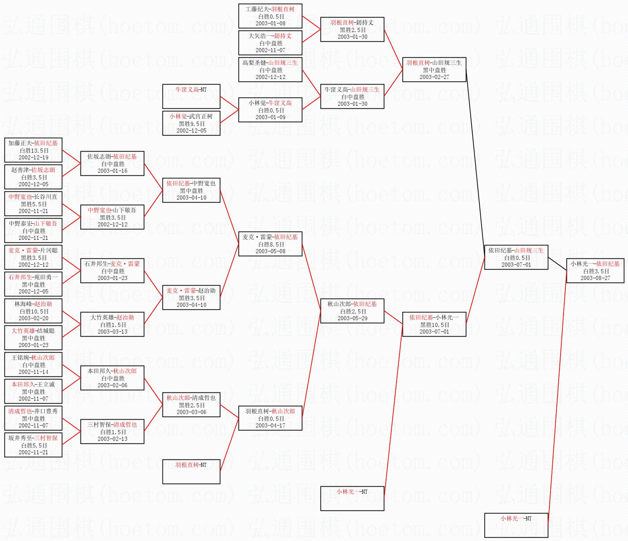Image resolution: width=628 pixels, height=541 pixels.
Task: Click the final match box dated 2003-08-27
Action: tap(595, 271)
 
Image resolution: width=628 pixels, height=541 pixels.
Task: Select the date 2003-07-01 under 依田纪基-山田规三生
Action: tap(516, 265)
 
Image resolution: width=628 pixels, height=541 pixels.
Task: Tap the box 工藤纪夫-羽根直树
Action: tap(270, 16)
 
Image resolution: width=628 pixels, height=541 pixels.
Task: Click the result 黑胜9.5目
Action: tap(192, 124)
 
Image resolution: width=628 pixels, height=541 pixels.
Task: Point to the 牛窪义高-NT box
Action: tap(191, 96)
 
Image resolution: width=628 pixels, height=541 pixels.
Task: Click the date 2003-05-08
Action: tap(270, 251)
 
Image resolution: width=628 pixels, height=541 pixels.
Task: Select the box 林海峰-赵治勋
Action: tap(33, 311)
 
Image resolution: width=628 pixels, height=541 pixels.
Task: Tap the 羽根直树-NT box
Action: tap(191, 471)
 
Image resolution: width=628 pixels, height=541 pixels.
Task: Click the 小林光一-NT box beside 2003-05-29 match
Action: tap(352, 498)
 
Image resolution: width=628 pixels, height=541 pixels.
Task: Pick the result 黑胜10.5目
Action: tap(435, 325)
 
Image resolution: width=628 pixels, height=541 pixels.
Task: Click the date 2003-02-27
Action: tap(434, 77)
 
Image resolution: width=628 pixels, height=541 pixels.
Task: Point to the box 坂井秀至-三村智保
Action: tap(33, 445)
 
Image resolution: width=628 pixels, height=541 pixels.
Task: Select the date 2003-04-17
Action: tap(270, 426)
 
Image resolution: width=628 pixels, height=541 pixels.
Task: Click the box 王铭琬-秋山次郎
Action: tap(33, 365)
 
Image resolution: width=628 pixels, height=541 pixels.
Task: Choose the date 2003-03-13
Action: tap(112, 332)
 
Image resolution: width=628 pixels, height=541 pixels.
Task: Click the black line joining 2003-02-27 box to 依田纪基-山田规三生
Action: tap(475, 160)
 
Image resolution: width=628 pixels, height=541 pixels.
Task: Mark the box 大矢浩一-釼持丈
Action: tap(270, 43)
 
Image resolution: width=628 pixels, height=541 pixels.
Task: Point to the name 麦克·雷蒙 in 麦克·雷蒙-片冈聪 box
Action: tap(23, 251)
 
